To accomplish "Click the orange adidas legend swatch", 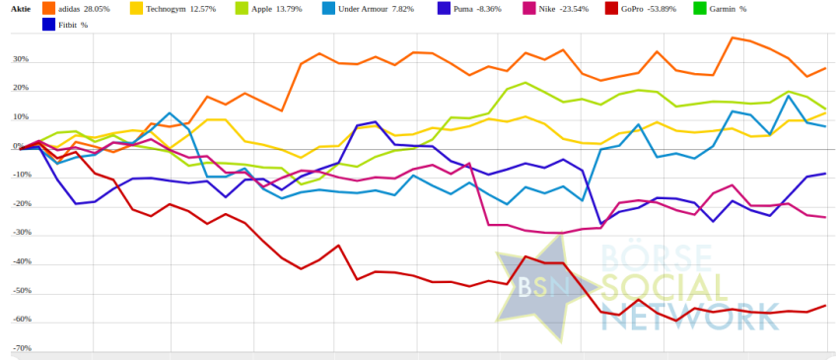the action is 48,9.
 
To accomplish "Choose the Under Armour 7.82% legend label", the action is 377,9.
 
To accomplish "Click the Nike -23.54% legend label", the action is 570,9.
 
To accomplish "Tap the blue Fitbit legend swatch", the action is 48,25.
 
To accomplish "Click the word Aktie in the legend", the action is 22,9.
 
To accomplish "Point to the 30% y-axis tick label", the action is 22,59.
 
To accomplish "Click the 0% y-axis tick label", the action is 18,146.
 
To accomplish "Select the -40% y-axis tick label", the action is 22,261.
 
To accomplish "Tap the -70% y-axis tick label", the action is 22,348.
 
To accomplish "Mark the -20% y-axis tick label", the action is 22,204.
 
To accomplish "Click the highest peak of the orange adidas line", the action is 733,37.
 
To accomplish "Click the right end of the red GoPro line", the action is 825,306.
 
